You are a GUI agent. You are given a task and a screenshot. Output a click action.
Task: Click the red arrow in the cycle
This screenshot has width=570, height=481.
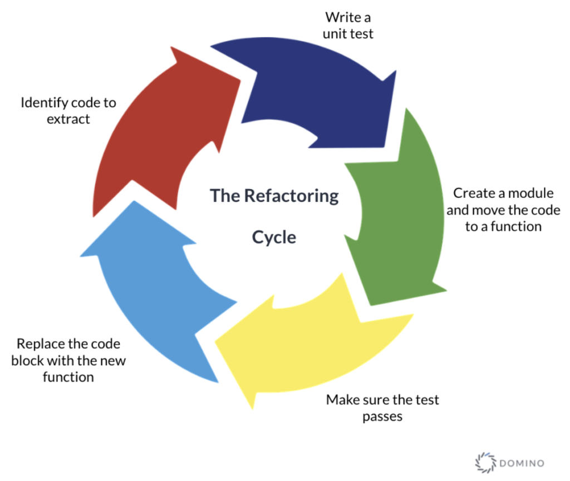[161, 133]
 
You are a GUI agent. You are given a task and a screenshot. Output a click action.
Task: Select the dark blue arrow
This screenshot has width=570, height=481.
[312, 89]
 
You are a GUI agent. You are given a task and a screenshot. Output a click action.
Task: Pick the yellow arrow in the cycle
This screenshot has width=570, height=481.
[312, 345]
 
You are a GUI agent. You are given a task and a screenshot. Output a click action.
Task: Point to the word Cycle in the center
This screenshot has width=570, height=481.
[274, 237]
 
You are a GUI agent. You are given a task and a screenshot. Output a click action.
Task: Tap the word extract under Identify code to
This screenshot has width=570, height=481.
[68, 119]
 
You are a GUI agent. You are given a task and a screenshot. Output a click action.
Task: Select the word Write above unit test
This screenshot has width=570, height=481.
[338, 17]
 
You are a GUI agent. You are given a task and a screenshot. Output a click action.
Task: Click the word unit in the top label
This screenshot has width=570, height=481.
[333, 33]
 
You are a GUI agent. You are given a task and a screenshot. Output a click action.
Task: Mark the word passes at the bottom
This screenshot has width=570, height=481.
[382, 416]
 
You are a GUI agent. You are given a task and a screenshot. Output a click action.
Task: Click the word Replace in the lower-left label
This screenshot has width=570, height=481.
[41, 344]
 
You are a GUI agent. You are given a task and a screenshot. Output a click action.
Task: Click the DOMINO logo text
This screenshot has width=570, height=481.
[522, 463]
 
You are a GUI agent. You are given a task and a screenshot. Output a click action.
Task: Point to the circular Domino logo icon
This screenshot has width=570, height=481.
[484, 462]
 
